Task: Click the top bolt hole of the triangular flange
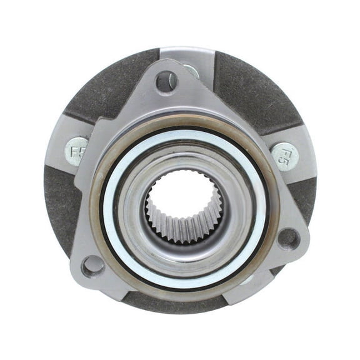tap(166, 81)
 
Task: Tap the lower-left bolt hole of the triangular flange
tap(93, 265)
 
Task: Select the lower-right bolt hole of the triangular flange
tap(288, 237)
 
